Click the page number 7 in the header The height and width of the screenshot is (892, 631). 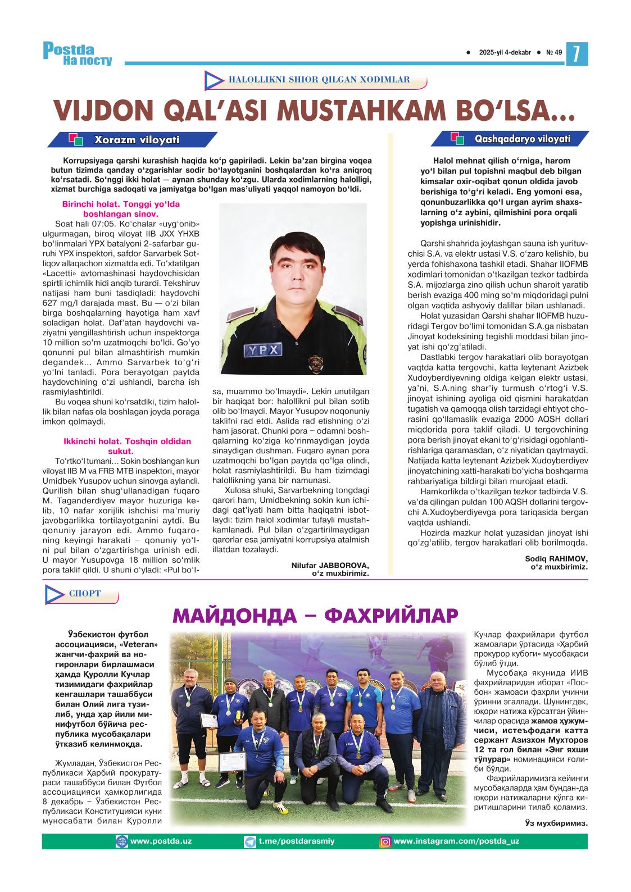[576, 53]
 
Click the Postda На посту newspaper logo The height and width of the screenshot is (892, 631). [78, 54]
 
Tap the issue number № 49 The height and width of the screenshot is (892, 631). [553, 53]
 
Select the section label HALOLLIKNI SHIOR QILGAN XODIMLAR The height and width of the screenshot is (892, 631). [319, 80]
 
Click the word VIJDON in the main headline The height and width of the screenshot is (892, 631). [99, 111]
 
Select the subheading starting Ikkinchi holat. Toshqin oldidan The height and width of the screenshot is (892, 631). [121, 442]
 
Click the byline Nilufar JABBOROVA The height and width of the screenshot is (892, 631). [330, 565]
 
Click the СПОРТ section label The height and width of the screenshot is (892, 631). [85, 594]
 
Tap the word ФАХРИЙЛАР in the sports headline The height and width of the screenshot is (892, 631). [388, 616]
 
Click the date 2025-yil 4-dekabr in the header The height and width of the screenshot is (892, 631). [505, 53]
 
